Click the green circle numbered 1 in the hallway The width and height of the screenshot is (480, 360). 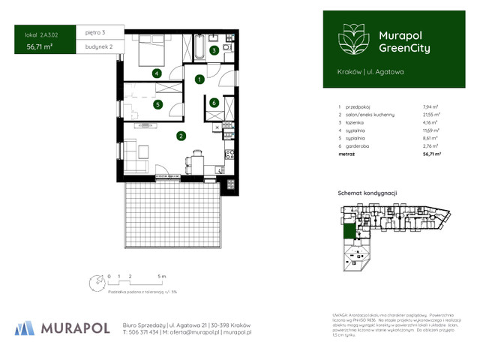point(199,79)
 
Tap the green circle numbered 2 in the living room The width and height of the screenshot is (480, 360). point(181,136)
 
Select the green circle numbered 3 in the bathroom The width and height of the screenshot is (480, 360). point(214,51)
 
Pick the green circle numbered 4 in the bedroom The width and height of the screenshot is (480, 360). point(156,73)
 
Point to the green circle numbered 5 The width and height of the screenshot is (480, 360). point(158,105)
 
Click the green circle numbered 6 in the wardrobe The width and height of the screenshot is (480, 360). point(214,103)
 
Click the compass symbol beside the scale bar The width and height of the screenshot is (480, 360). point(96,283)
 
